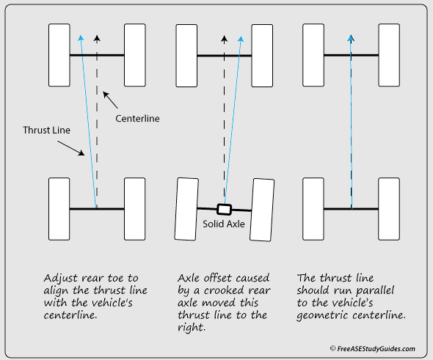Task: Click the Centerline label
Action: pos(137,118)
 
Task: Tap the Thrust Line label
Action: pos(46,130)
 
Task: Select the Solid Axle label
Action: pos(224,224)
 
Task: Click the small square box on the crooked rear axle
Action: pos(224,210)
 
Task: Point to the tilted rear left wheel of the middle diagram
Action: pos(186,209)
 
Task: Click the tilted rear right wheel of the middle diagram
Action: pos(262,210)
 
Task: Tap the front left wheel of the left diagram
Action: pos(59,55)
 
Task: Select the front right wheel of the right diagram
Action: pos(389,55)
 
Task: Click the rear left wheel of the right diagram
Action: pos(313,209)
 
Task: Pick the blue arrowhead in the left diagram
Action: pos(81,38)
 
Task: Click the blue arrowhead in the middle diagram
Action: pos(241,39)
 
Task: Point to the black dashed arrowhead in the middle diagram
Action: pos(225,39)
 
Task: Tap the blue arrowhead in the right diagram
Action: pos(351,38)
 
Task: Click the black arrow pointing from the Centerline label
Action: pos(110,100)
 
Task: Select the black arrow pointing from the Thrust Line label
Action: pos(71,148)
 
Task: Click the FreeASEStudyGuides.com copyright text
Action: pos(373,349)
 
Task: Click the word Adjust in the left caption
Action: pos(62,279)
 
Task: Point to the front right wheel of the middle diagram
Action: pos(262,56)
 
